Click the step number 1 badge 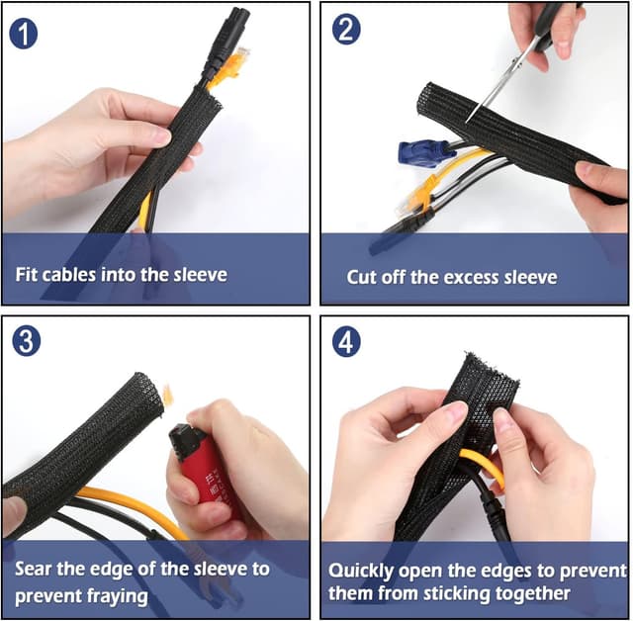[24, 34]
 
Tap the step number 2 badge [346, 30]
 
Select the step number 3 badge [27, 341]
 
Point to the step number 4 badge [346, 342]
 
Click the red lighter [205, 464]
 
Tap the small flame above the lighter [167, 395]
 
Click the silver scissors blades [496, 86]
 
